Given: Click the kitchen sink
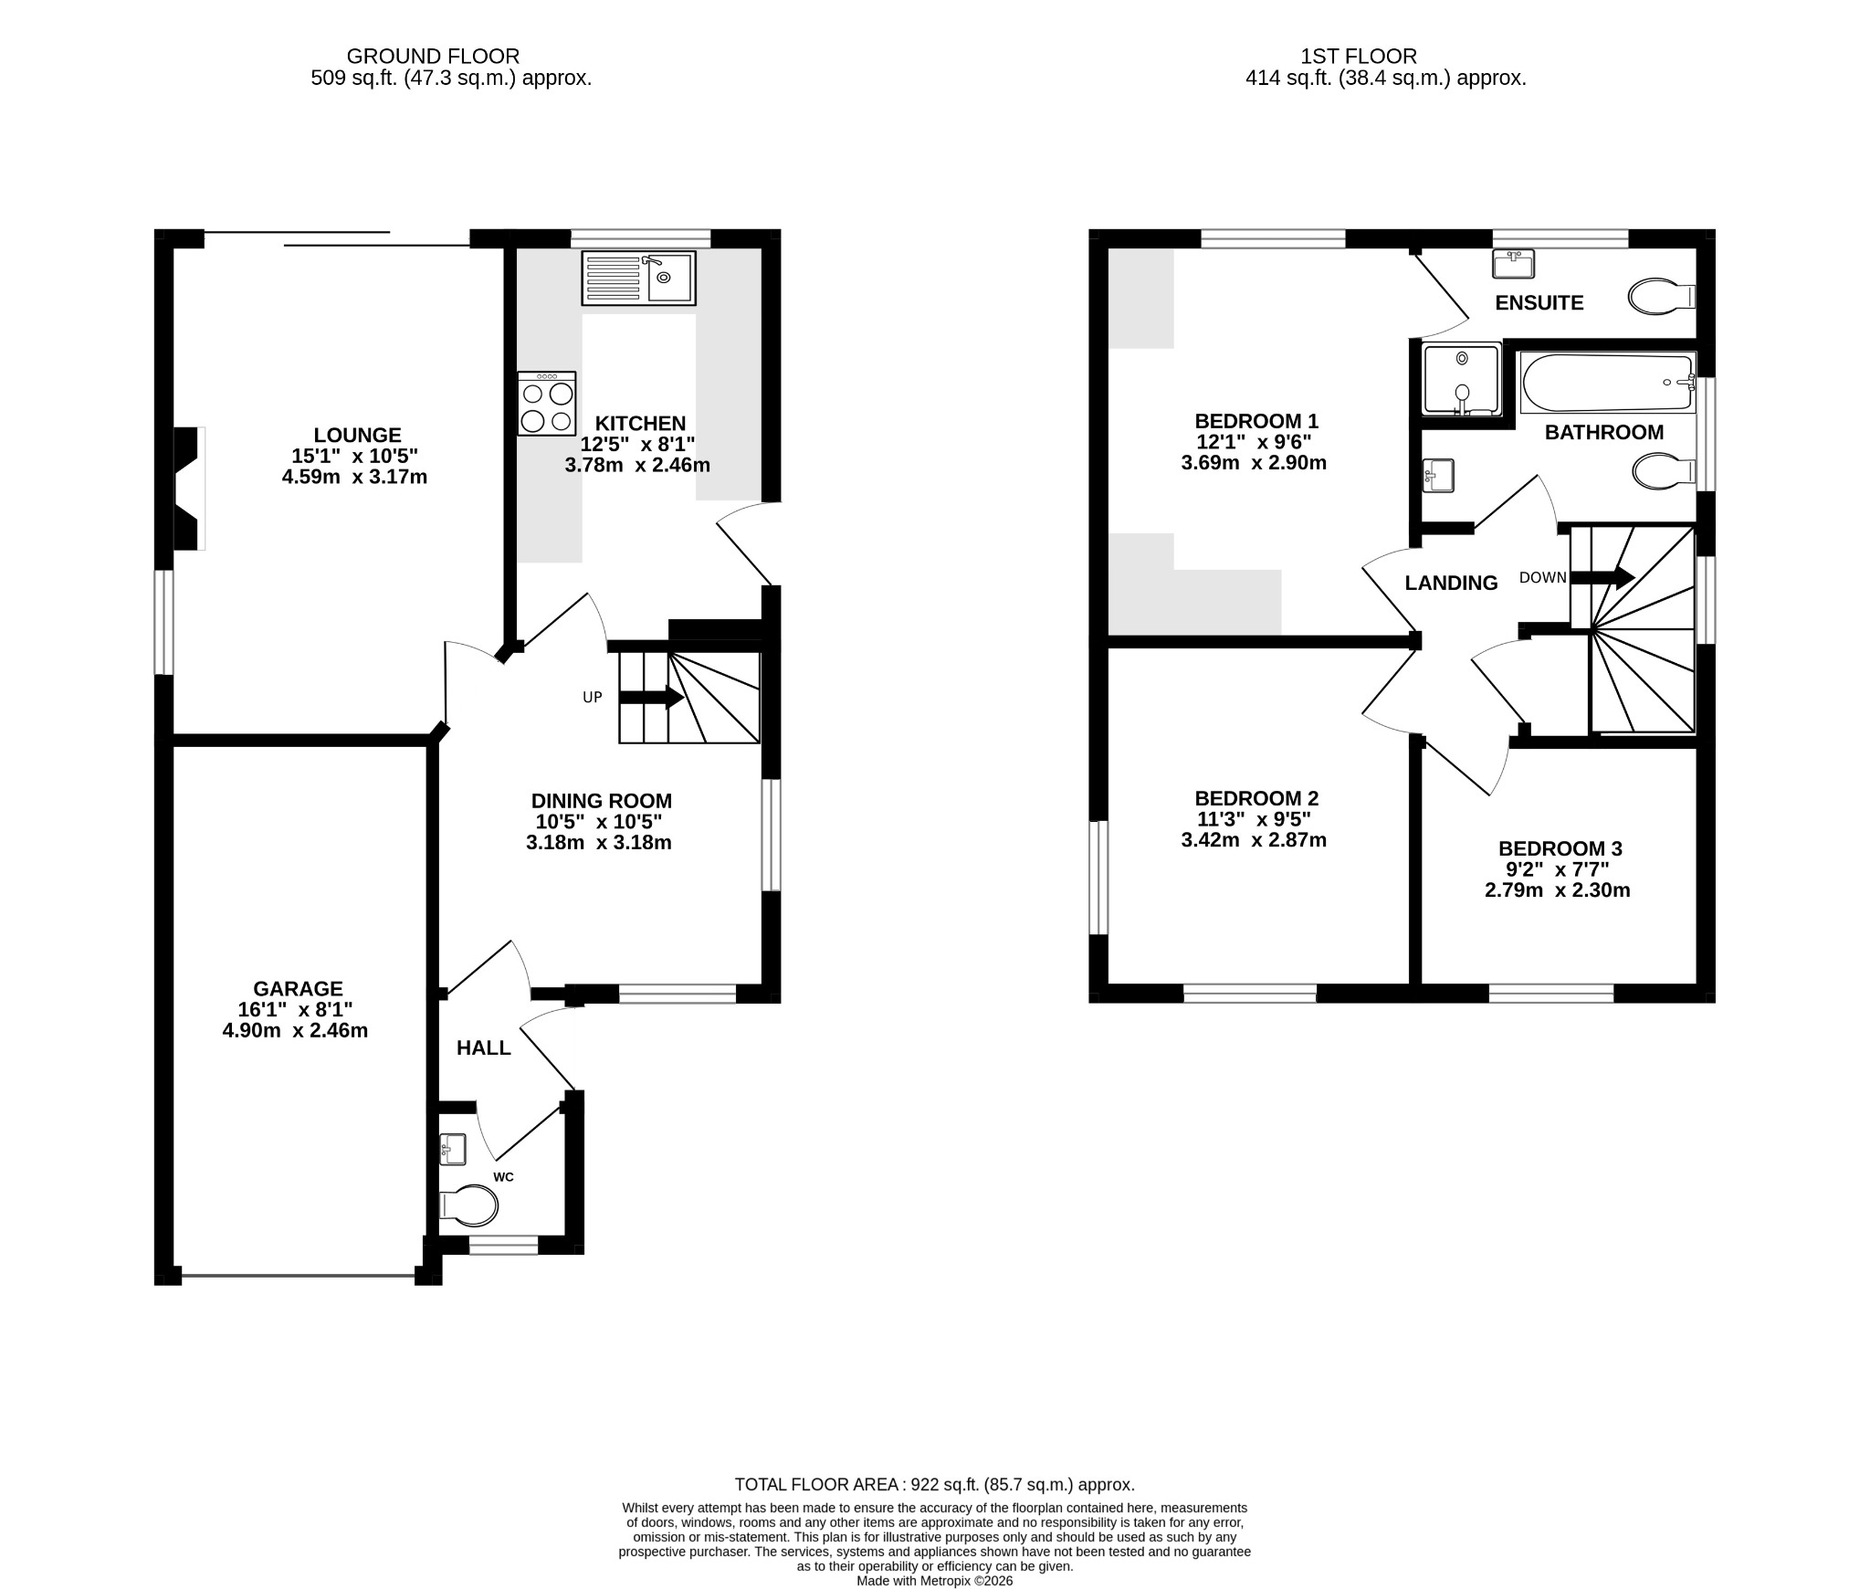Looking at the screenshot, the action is [638, 279].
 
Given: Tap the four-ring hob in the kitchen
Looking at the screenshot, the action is [547, 403].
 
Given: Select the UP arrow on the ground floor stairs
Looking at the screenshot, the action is [651, 698].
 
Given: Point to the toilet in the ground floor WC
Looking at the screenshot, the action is [468, 1206].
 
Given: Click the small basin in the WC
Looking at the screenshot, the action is [453, 1149].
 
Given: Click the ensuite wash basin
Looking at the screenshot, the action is [1513, 264].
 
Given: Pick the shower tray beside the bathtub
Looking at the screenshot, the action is [1462, 379].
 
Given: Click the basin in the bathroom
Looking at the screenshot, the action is [1438, 476].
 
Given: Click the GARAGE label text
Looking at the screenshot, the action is [298, 989].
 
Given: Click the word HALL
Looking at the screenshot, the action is [484, 1048].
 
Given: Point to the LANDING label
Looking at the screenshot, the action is [1451, 583].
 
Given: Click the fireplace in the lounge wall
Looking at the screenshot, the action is [189, 489].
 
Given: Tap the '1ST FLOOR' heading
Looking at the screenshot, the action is [1359, 57].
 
